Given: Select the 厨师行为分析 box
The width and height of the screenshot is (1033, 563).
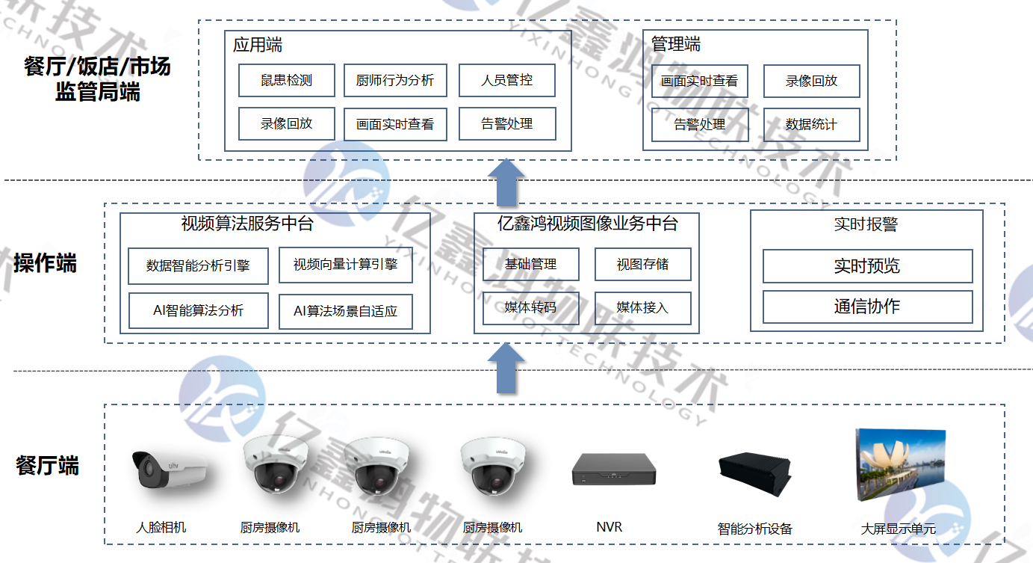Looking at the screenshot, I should click(395, 81).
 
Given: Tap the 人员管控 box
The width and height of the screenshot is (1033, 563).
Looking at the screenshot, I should click(506, 81).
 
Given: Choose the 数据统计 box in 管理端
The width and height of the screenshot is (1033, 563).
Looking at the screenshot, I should click(811, 125).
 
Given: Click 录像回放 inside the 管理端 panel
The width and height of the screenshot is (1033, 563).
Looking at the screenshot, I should click(811, 81).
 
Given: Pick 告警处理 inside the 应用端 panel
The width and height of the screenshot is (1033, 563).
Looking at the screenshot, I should click(506, 124).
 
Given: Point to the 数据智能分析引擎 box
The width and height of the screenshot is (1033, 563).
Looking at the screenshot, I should click(198, 266).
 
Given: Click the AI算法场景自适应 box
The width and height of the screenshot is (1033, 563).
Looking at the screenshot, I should click(345, 311).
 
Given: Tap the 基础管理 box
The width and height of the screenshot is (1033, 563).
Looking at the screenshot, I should click(530, 264).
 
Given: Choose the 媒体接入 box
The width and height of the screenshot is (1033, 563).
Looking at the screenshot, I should click(642, 308).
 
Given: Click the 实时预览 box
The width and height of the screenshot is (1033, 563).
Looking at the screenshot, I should click(867, 266).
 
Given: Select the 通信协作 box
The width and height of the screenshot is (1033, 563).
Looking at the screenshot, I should click(867, 307).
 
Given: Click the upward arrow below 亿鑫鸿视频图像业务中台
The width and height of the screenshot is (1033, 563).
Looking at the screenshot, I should click(506, 369).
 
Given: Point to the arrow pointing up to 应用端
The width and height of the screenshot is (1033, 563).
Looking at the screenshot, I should click(506, 183).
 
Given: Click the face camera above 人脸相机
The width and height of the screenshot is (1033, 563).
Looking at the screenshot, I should click(168, 470).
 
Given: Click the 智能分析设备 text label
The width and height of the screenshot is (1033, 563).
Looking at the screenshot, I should click(754, 529).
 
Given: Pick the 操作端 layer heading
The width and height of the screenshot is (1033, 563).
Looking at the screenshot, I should click(46, 263).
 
